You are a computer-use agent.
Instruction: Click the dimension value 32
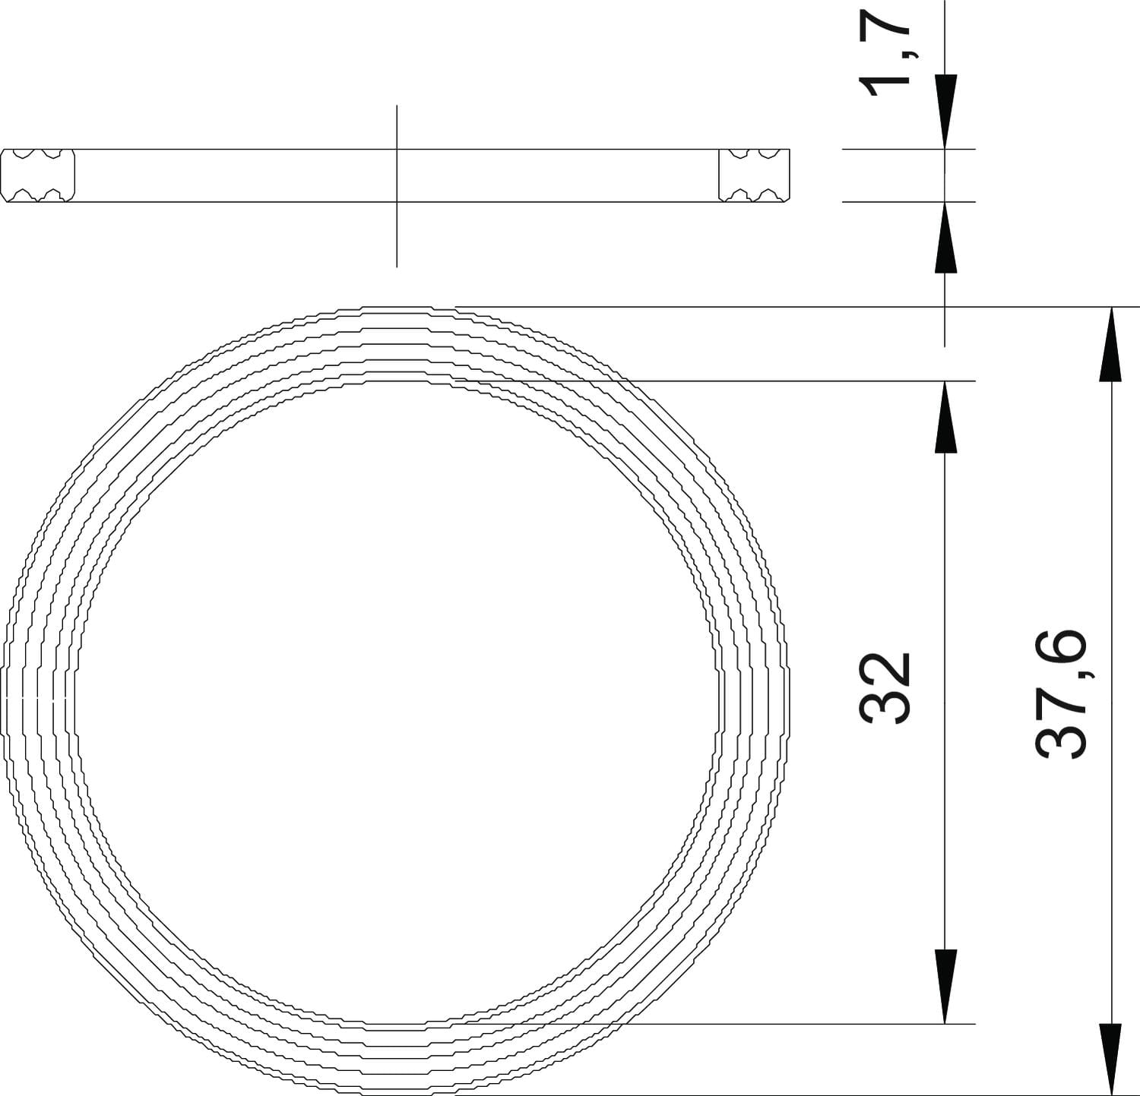[x=885, y=687]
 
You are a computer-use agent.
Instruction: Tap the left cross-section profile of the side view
[x=38, y=175]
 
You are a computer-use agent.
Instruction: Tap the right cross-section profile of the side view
[x=755, y=175]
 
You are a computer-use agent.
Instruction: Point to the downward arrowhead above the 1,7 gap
[x=945, y=112]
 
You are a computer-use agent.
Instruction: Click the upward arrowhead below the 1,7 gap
[x=945, y=237]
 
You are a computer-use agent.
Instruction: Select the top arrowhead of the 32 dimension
[x=945, y=417]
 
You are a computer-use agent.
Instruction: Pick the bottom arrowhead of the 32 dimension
[x=945, y=987]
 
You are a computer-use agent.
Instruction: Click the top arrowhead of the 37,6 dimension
[x=1112, y=343]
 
